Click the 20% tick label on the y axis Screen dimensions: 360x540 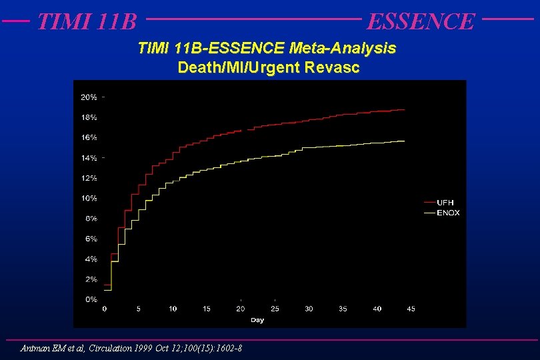coord(89,97)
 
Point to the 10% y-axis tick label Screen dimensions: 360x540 coord(89,198)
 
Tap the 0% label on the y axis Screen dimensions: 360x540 coord(90,299)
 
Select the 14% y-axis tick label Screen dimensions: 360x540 coord(89,158)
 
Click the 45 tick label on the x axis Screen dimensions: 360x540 coord(411,309)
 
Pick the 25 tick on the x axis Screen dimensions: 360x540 coord(275,309)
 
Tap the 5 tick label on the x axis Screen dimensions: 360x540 coord(138,309)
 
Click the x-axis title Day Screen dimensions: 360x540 coord(257,320)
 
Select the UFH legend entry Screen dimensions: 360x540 coord(445,202)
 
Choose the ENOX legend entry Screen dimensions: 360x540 coord(448,213)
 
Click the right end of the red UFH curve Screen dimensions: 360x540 coord(405,109)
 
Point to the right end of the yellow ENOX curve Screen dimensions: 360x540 coord(405,141)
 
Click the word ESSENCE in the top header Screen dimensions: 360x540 coord(421,21)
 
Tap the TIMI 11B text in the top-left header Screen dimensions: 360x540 coord(87,21)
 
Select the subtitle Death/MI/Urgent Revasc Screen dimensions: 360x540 coord(269,67)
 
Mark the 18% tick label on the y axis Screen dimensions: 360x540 coord(89,117)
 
